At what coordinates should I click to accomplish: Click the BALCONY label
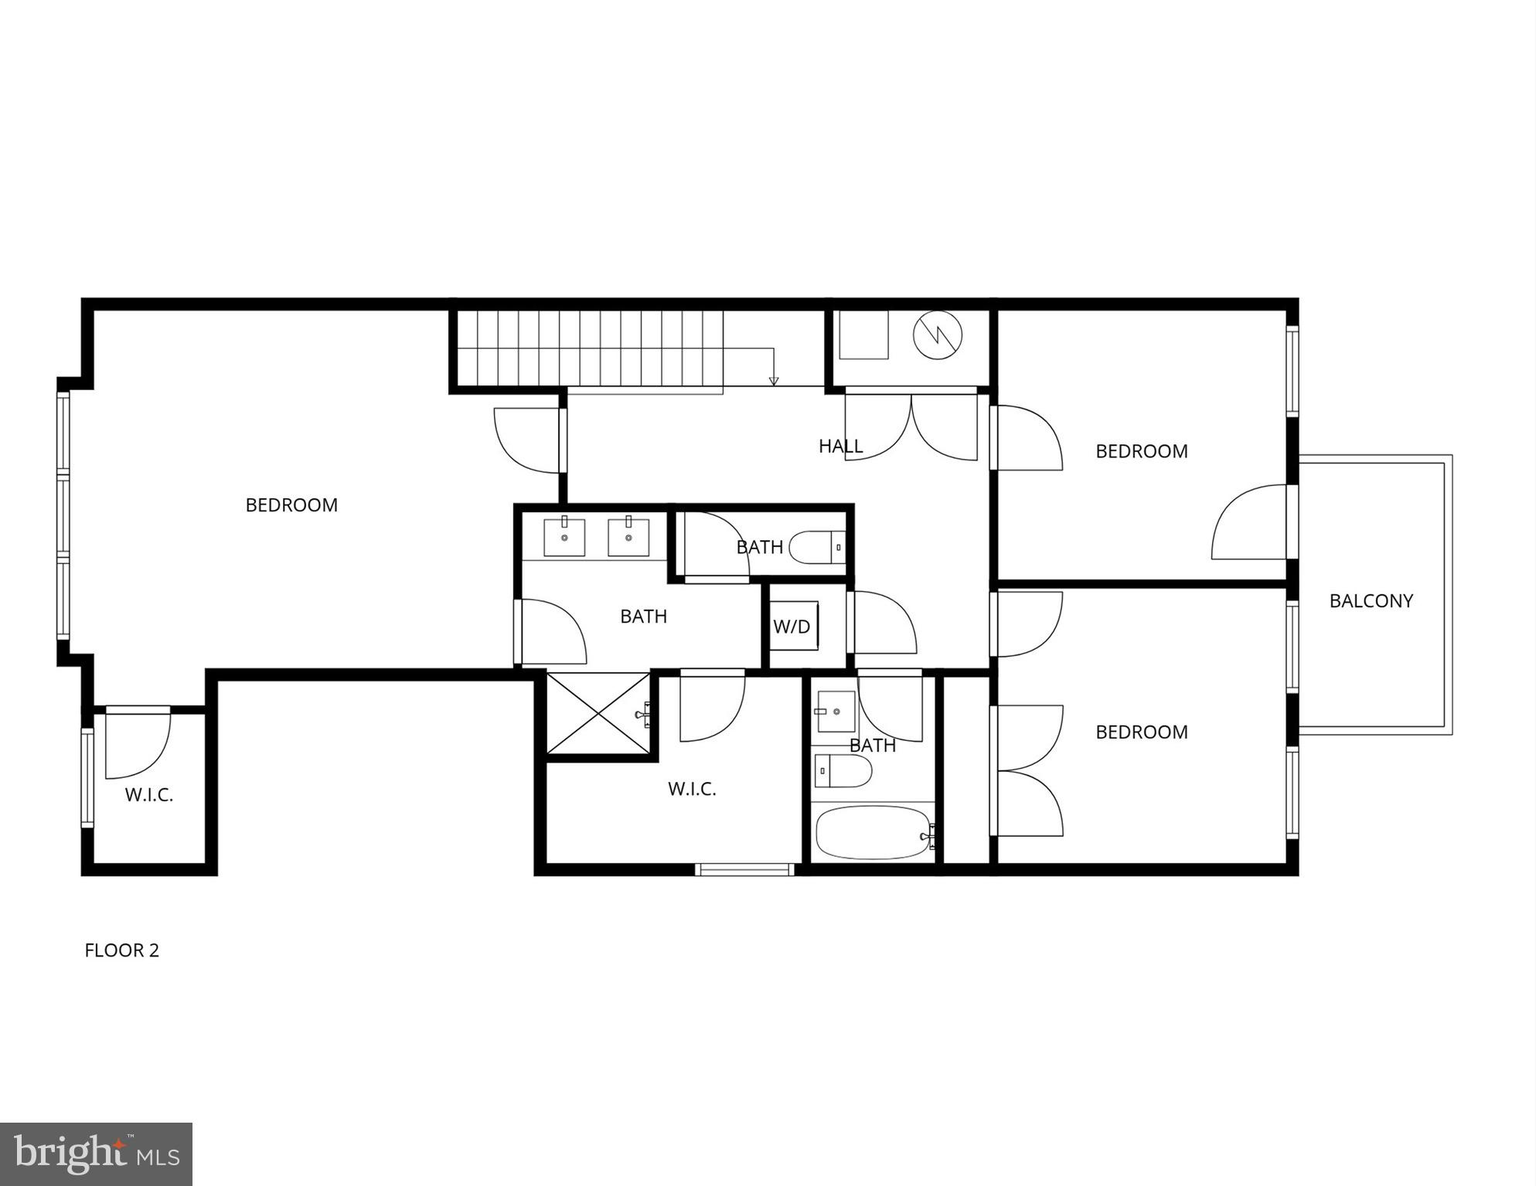(x=1371, y=600)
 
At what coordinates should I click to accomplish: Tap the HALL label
(x=840, y=446)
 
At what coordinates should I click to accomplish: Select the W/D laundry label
(x=792, y=627)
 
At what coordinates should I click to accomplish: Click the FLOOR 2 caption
(x=121, y=950)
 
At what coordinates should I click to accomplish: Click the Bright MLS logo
(x=96, y=1154)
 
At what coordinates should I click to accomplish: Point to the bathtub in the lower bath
(x=874, y=832)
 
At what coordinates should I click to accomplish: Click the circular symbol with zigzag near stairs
(x=937, y=335)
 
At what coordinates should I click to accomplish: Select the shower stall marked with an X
(x=598, y=712)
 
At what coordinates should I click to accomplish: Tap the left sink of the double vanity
(x=564, y=537)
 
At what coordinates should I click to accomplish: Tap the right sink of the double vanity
(x=628, y=537)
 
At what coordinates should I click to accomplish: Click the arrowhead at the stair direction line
(x=774, y=380)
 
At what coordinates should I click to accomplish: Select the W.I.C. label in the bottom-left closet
(x=149, y=795)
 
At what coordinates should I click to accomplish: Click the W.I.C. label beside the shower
(x=692, y=789)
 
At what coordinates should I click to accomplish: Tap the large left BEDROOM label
(x=291, y=505)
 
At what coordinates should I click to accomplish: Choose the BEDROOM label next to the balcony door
(x=1141, y=450)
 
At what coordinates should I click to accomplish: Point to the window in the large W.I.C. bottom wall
(x=744, y=869)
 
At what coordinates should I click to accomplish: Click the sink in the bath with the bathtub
(x=836, y=711)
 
